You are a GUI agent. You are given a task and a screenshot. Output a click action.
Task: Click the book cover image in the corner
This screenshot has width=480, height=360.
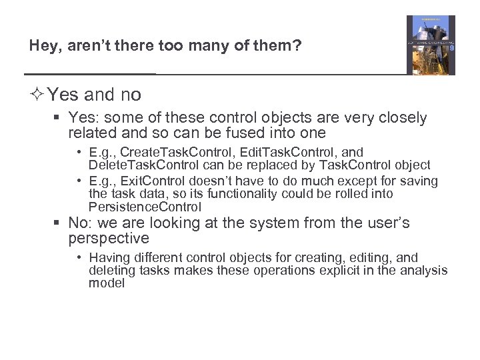coord(431,45)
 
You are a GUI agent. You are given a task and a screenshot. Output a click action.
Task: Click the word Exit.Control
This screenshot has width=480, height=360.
coord(156,181)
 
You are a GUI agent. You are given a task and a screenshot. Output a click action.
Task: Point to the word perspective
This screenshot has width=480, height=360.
coord(109,238)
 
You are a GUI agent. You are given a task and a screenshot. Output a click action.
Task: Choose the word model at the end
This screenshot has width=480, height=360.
coord(107,283)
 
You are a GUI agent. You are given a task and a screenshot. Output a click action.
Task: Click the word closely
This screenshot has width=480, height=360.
coord(399,118)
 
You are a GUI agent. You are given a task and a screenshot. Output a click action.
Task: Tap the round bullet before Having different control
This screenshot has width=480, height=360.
coord(79,257)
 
